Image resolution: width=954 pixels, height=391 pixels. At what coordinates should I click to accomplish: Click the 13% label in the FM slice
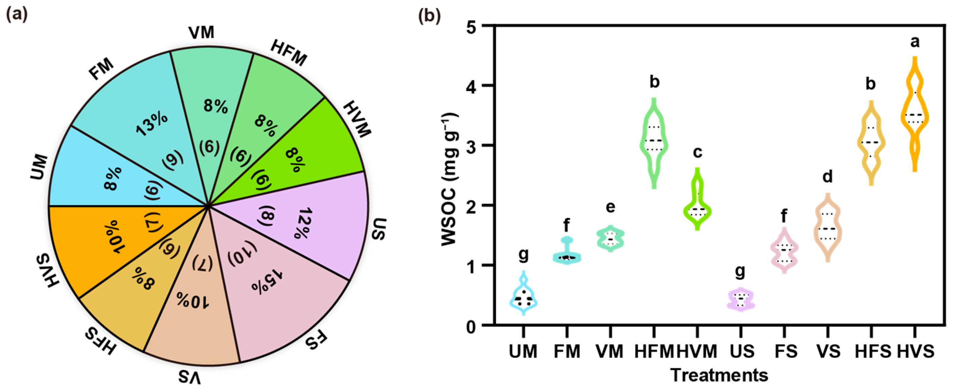click(152, 124)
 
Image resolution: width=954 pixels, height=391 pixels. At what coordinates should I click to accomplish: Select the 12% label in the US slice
click(304, 223)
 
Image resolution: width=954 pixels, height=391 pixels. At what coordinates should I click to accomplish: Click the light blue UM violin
click(523, 296)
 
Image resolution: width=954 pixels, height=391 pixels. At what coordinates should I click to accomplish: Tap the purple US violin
click(740, 300)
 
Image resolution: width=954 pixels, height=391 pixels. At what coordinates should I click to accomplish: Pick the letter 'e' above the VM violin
click(610, 207)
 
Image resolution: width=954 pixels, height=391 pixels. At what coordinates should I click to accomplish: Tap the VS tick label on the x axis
click(828, 351)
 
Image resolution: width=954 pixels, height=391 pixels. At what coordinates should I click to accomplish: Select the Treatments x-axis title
click(719, 375)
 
